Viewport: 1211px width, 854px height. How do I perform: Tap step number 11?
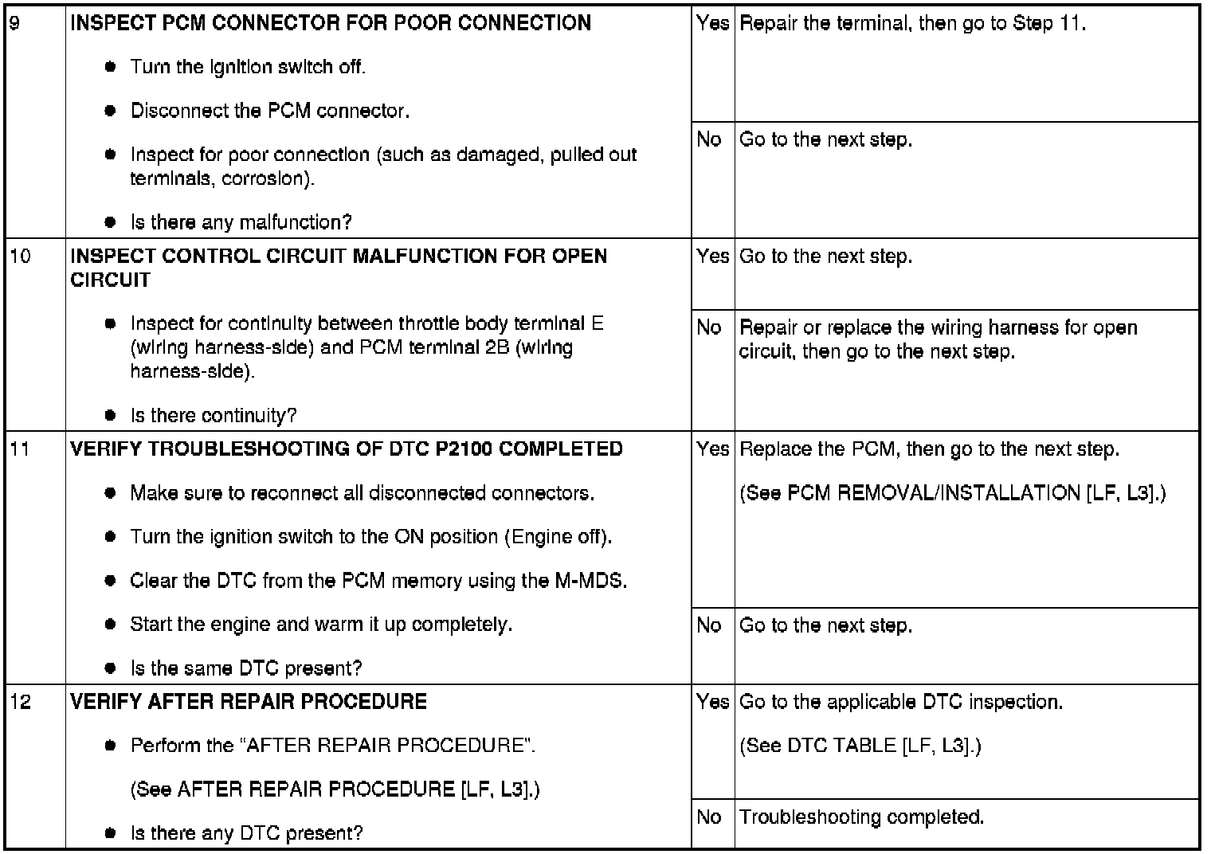point(19,449)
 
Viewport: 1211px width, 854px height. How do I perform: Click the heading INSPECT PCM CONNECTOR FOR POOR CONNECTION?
point(331,23)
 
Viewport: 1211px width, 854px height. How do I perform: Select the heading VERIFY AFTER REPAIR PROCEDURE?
point(249,702)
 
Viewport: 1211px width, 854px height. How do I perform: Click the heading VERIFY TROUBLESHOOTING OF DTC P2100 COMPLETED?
point(347,449)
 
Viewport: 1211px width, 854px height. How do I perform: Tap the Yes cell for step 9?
point(712,24)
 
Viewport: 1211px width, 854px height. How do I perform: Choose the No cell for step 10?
point(709,328)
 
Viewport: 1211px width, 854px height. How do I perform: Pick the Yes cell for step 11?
point(712,449)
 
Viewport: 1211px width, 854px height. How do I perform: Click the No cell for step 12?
point(709,817)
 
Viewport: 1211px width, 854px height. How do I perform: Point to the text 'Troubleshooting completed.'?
point(862,817)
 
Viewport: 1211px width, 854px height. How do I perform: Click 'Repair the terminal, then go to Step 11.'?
point(913,24)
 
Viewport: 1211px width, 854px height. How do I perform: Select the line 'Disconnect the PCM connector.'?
point(270,111)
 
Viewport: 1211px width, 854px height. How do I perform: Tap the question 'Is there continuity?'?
point(214,416)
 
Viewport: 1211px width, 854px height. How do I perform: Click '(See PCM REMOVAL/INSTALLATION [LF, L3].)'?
point(953,493)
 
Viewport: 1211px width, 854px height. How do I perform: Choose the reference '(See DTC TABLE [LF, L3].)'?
point(860,746)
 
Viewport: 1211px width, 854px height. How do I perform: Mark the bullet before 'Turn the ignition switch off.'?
point(111,67)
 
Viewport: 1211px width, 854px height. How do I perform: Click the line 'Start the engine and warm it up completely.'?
point(321,625)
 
